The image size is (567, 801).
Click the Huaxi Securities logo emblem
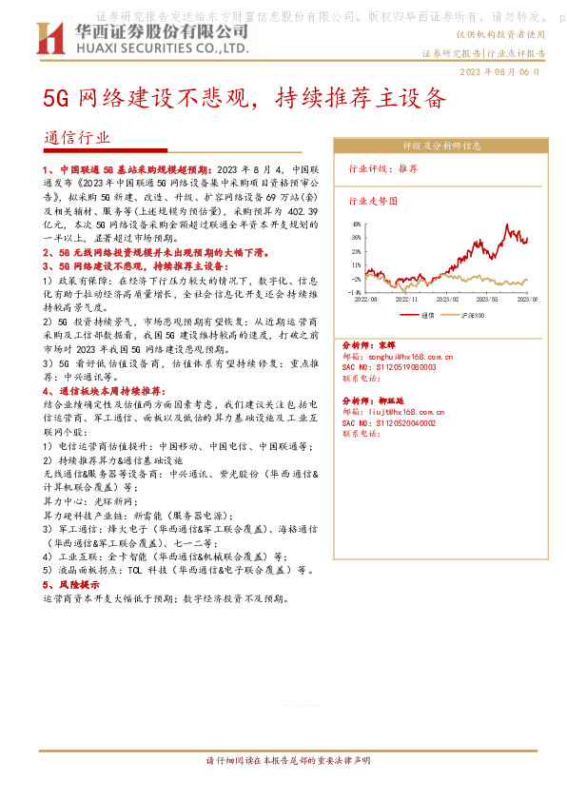pos(49,39)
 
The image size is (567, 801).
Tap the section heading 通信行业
pos(77,137)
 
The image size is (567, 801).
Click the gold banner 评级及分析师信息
pos(441,147)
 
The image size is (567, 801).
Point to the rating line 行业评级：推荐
pos(383,167)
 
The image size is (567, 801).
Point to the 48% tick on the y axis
pos(354,225)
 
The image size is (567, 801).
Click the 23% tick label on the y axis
pos(354,252)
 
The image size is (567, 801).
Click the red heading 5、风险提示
pos(70,585)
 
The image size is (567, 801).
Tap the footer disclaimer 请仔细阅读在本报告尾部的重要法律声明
pos(283,761)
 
